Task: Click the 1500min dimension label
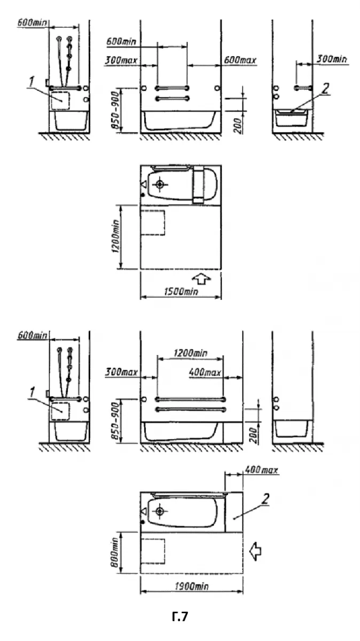click(x=181, y=291)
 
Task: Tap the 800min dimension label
click(x=115, y=552)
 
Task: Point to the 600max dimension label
click(x=240, y=60)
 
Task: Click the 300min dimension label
click(x=331, y=59)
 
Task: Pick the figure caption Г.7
click(x=180, y=616)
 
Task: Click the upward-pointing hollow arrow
click(x=201, y=279)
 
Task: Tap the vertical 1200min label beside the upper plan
click(x=115, y=236)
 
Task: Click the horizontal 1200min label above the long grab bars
click(x=190, y=353)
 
